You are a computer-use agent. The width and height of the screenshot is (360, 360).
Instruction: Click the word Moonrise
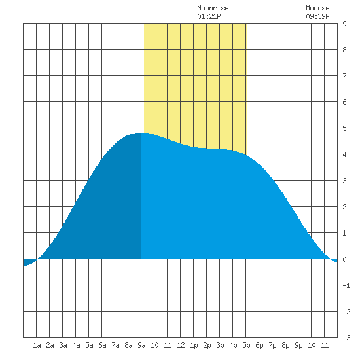click(x=213, y=8)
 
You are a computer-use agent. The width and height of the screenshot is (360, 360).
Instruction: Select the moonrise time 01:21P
click(x=209, y=16)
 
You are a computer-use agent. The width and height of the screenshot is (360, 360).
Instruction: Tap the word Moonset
click(x=319, y=8)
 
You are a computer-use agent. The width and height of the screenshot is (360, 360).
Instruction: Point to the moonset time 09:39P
click(x=317, y=16)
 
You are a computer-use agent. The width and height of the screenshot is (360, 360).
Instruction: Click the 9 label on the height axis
click(x=344, y=24)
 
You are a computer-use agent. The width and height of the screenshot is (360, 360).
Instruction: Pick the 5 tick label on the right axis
click(x=344, y=128)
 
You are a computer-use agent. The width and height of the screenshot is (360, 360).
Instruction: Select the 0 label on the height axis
click(x=344, y=259)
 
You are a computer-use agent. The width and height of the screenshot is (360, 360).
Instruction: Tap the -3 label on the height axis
click(x=346, y=338)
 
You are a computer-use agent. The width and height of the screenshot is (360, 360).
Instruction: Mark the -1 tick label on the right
click(x=346, y=285)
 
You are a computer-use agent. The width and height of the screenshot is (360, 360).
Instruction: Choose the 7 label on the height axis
click(x=344, y=76)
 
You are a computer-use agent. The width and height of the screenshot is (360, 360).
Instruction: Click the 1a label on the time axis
click(x=37, y=345)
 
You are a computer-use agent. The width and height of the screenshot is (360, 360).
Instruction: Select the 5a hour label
click(x=89, y=345)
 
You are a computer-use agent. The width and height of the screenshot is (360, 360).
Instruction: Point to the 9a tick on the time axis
click(x=141, y=345)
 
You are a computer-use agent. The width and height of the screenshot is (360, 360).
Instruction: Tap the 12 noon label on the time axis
click(x=181, y=345)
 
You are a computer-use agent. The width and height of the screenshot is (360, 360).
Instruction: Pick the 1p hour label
click(x=194, y=345)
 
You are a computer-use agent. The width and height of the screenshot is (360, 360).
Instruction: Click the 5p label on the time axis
click(x=246, y=345)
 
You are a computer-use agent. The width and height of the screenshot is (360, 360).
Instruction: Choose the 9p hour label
click(x=298, y=345)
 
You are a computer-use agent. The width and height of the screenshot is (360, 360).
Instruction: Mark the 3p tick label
click(x=220, y=345)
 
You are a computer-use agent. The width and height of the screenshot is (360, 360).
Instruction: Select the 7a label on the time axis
click(x=115, y=345)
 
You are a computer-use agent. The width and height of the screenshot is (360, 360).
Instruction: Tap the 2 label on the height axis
click(x=344, y=207)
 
